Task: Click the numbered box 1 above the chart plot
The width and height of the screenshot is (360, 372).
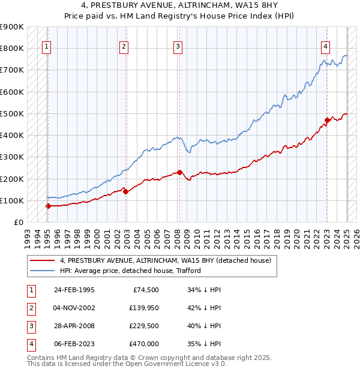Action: coord(47,47)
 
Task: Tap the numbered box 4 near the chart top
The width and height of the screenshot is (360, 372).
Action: coord(325,47)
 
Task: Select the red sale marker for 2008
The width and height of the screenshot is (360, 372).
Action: coord(180,173)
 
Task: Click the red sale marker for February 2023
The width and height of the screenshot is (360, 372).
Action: coord(327,120)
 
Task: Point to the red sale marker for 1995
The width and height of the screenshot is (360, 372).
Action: coord(48,206)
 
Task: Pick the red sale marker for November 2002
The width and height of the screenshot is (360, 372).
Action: coord(125,191)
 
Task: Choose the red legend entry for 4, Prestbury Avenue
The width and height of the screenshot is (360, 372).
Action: coord(166,260)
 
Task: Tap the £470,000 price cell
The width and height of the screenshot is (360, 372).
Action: coord(144,344)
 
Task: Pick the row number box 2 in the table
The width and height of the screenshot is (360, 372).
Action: coord(30,308)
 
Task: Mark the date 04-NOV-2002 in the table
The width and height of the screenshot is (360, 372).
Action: coord(74,308)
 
